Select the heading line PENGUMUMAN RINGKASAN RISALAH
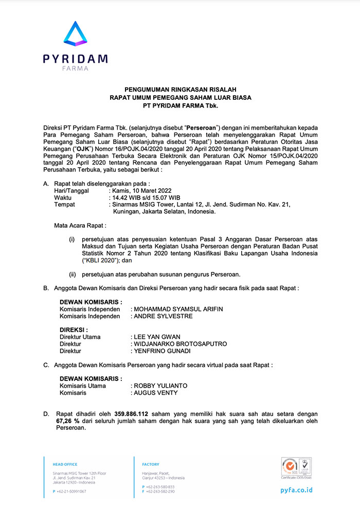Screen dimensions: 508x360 [x=180, y=89]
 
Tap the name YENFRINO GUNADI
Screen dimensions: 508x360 [x=161, y=351]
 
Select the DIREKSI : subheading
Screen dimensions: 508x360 [x=74, y=330]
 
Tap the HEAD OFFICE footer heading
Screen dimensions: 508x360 [x=64, y=464]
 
